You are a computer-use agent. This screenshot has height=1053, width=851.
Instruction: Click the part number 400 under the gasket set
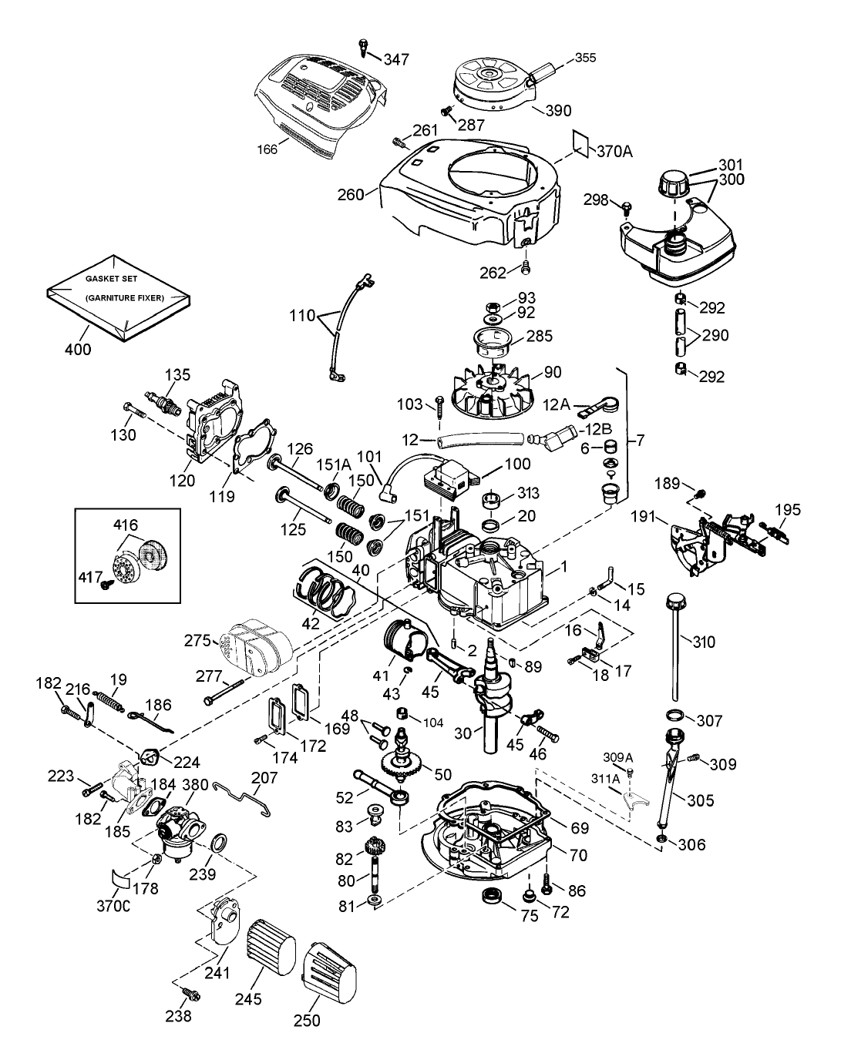(78, 349)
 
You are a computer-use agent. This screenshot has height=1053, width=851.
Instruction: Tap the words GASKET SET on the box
(112, 280)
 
